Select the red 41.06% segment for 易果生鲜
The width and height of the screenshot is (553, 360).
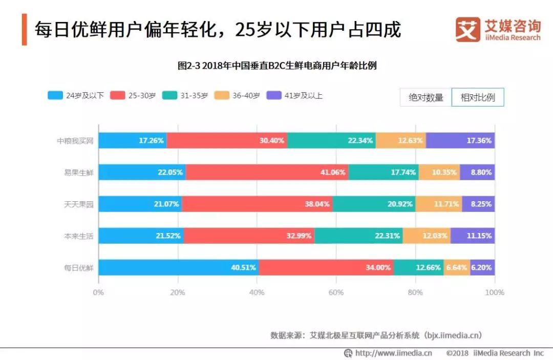(267, 172)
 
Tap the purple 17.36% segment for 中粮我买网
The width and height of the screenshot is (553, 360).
(460, 140)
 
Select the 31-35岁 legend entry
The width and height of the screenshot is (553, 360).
(185, 95)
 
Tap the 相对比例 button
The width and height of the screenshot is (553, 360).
(477, 97)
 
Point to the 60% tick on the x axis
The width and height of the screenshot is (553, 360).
(336, 292)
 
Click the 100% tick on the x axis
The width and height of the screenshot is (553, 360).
(495, 292)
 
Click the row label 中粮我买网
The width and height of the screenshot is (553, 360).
(75, 140)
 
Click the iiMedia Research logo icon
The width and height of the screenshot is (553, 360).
(467, 30)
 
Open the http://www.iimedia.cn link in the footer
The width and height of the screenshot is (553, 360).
(393, 353)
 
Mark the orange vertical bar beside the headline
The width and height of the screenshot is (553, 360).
(24, 30)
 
